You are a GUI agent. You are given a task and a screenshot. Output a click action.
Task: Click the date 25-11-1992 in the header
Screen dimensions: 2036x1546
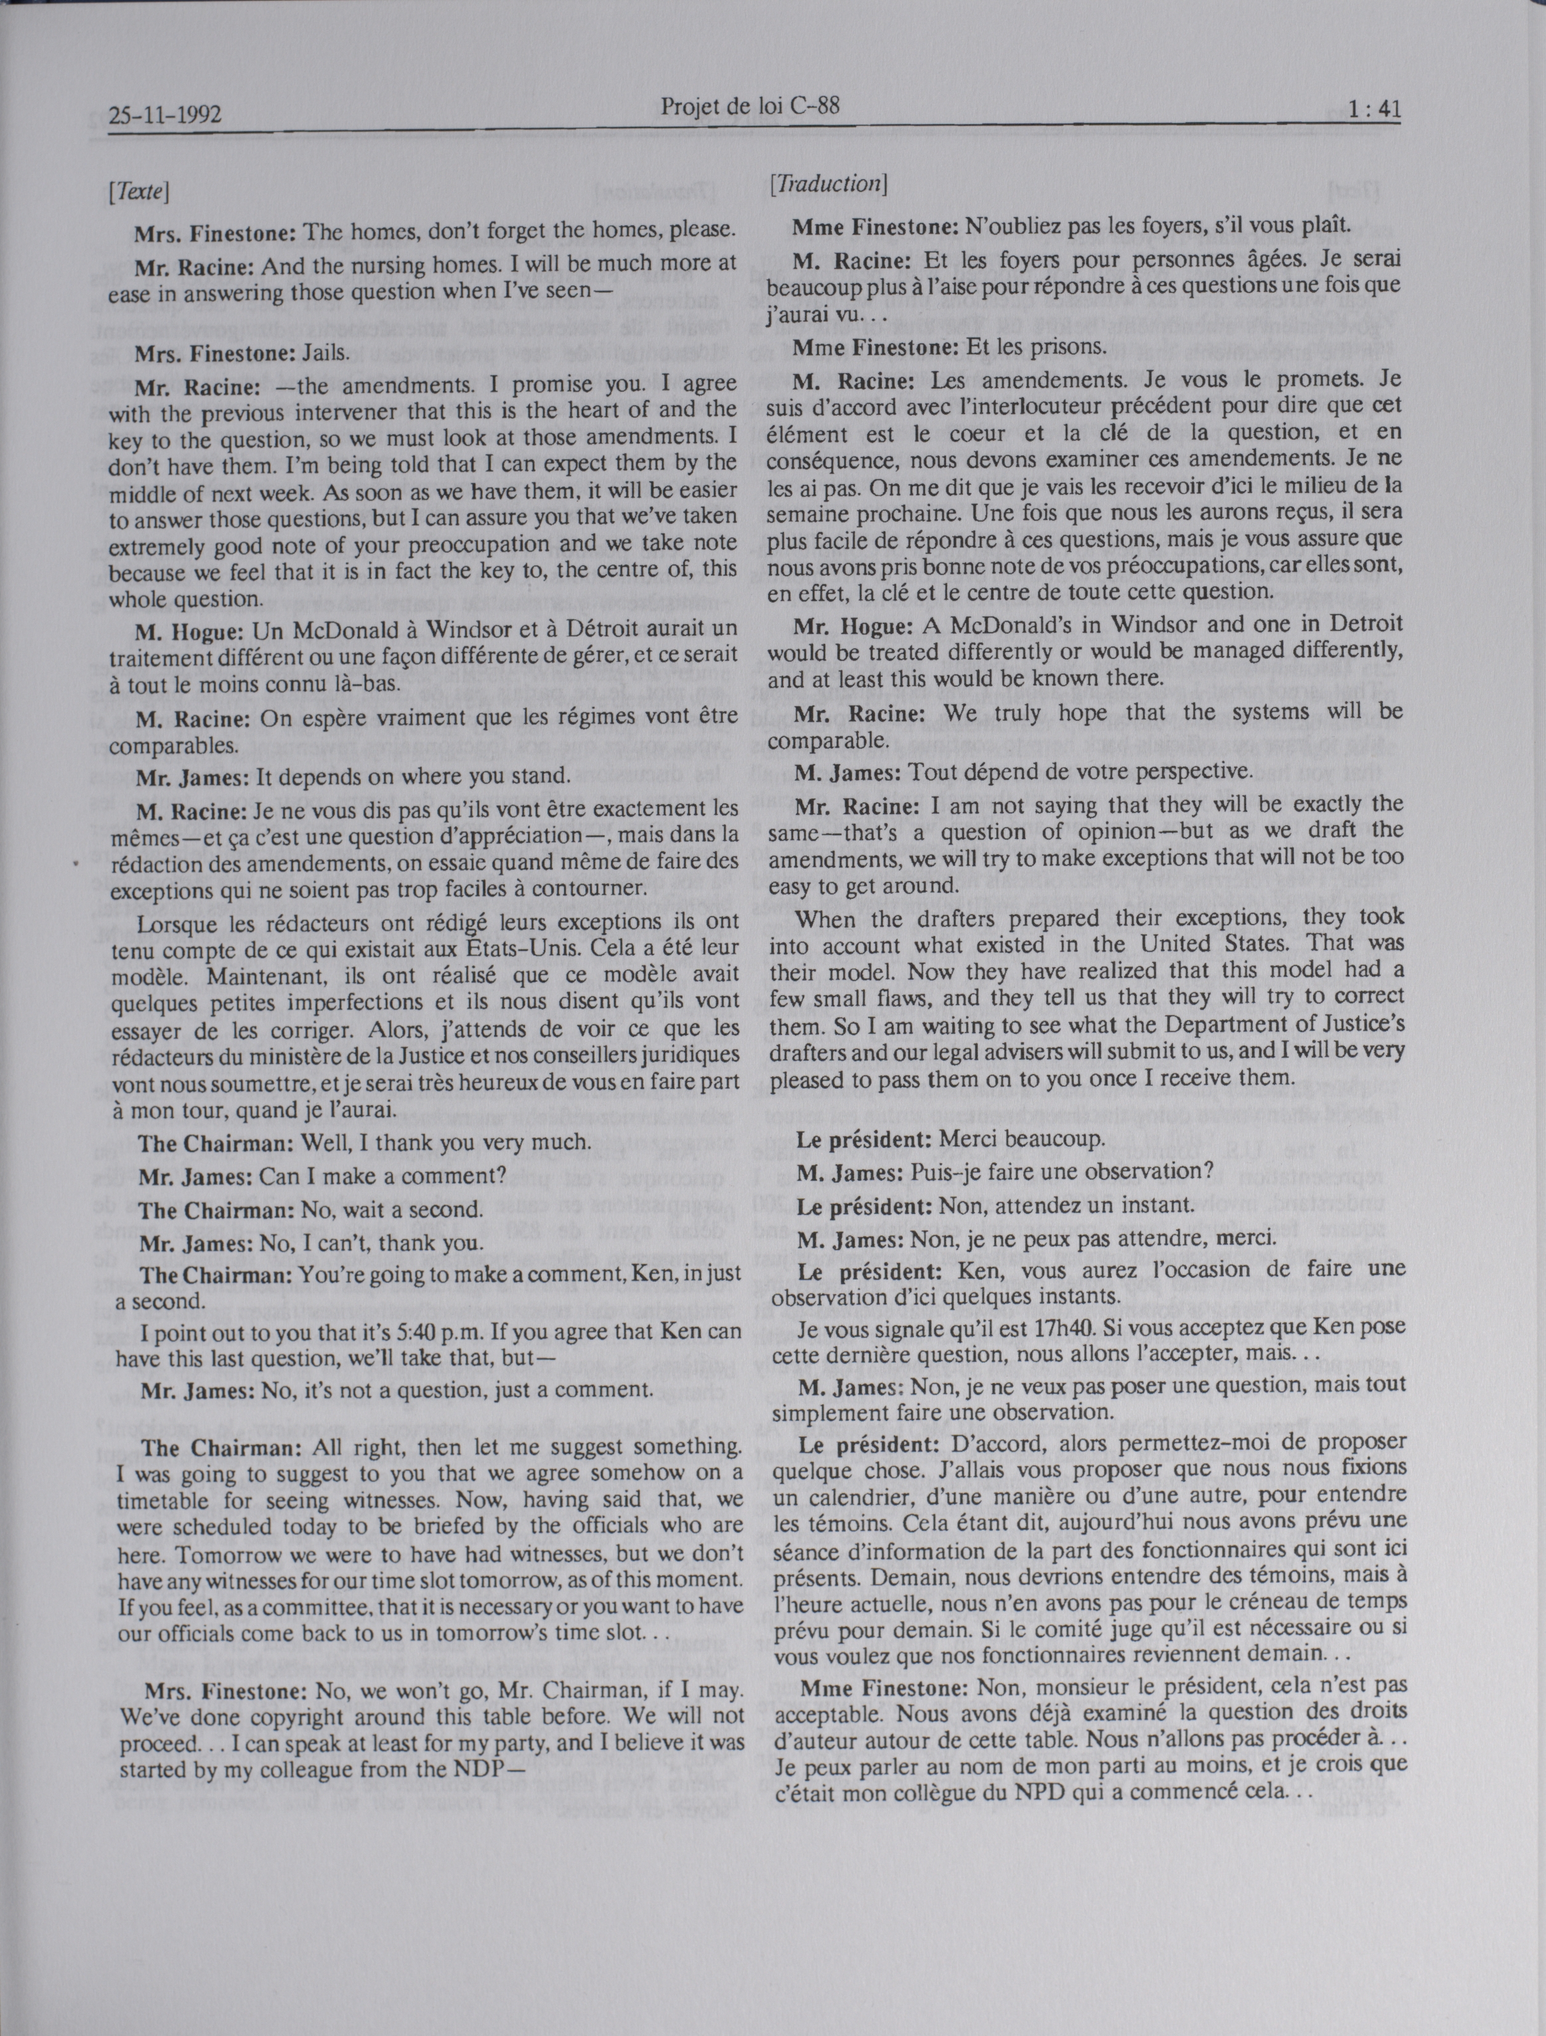(166, 116)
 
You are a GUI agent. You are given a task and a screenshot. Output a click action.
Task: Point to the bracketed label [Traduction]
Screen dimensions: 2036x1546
(827, 184)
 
